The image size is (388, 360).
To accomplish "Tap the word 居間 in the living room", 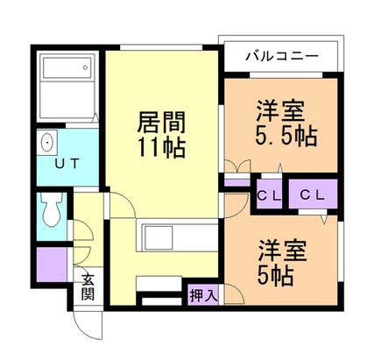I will pyautogui.click(x=161, y=121).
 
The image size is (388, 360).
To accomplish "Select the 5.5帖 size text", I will pyautogui.click(x=286, y=138).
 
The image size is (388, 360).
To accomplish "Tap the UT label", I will pyautogui.click(x=67, y=164).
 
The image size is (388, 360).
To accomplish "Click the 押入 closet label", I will pyautogui.click(x=201, y=296).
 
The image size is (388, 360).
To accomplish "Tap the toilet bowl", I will pyautogui.click(x=53, y=210).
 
